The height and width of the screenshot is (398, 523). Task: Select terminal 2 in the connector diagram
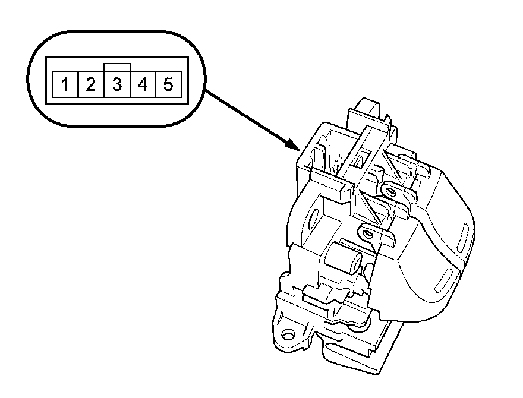point(90,85)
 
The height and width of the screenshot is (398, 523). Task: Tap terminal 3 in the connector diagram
point(116,85)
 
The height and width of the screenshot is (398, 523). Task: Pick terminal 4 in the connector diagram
point(142,85)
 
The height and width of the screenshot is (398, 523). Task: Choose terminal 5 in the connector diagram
point(168,85)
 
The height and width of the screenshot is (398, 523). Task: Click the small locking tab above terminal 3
point(116,67)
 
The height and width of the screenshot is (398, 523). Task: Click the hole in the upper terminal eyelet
point(389,191)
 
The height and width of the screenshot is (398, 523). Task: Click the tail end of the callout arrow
point(205,91)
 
